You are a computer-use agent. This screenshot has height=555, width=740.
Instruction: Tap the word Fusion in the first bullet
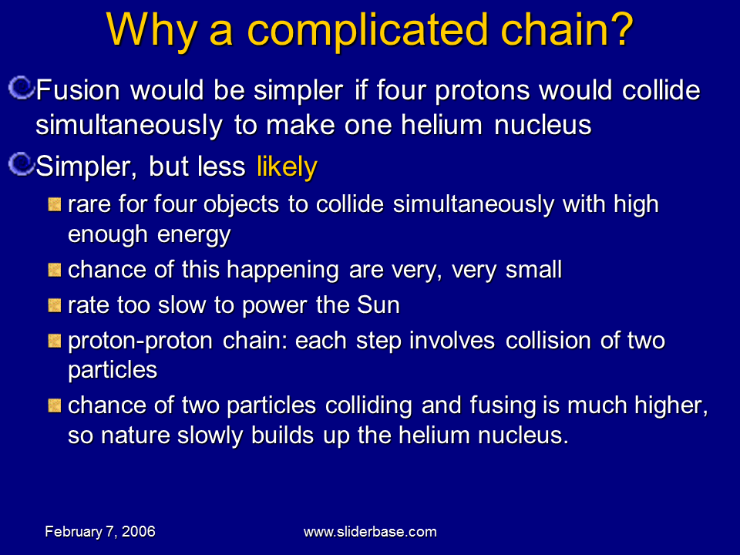point(77,91)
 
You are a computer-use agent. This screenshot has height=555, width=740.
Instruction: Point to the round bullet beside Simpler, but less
point(23,163)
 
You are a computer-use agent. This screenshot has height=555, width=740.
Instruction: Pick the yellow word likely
point(286,166)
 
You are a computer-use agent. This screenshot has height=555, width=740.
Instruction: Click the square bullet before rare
point(55,204)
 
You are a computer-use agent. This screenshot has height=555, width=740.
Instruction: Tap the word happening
point(285,270)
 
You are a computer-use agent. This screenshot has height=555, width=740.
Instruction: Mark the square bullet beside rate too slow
point(55,305)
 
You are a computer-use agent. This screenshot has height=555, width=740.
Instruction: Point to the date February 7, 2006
point(100,532)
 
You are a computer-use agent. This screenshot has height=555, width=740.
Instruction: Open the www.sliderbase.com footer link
point(370,532)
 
